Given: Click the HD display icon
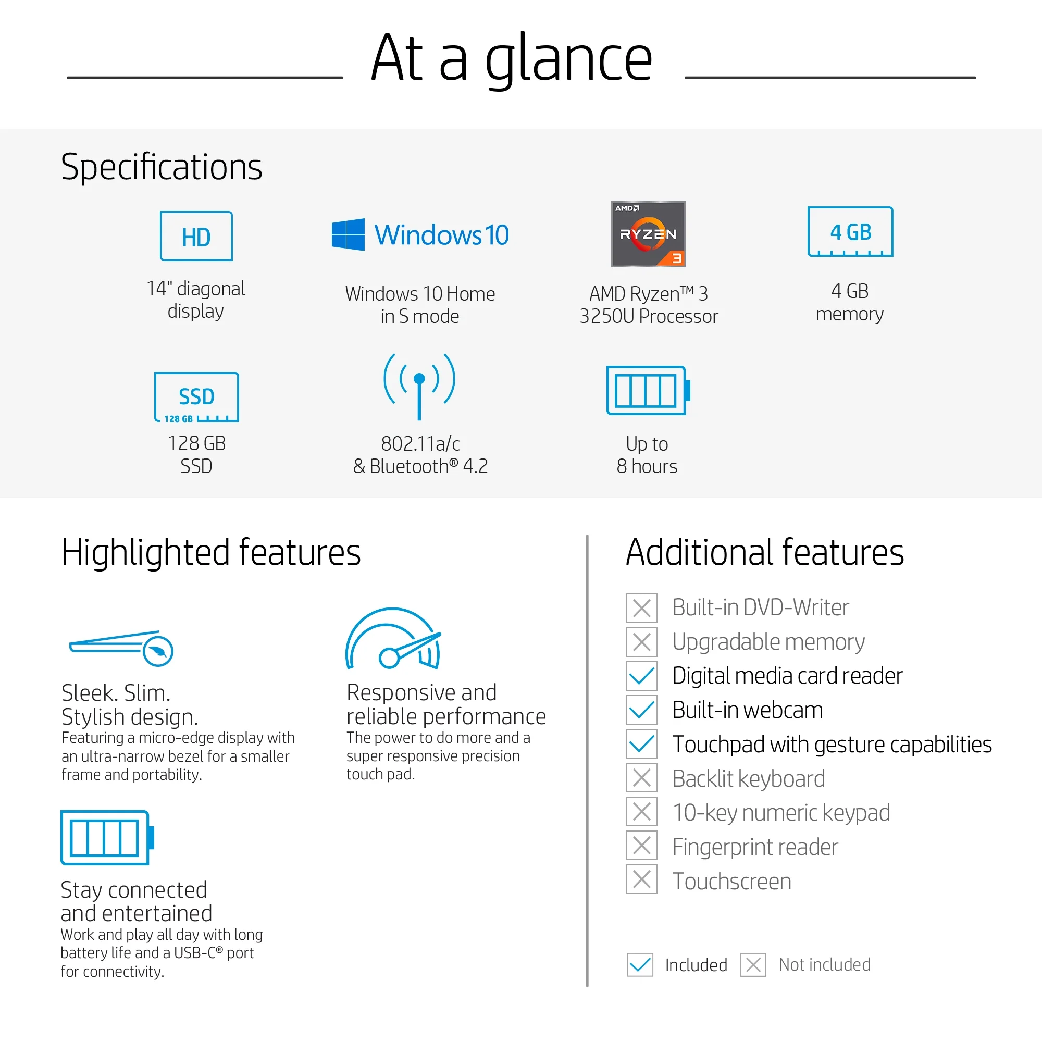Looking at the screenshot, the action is pos(196,235).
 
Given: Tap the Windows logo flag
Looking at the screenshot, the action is pos(348,234).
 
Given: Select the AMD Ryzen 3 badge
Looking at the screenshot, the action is pos(648,233).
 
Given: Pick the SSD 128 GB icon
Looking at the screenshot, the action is pos(196,397).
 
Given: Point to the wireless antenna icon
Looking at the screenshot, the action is pos(419,386).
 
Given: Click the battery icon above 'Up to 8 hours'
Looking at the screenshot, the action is pos(648,390).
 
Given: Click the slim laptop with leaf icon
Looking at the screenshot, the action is pos(121,648).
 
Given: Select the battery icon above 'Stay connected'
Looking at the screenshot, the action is pos(107,837).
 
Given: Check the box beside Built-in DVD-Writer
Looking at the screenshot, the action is pos(641,608).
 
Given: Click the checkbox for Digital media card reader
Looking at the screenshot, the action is pos(641,676).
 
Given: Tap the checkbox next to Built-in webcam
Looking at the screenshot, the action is pos(641,710).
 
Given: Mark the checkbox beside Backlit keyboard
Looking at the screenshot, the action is pos(641,778).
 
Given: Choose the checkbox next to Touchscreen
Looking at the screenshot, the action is pos(641,879).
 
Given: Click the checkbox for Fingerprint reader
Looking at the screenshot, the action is pos(641,845).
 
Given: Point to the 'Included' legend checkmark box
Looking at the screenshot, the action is pos(640,965).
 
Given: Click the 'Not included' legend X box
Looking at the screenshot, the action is pos(753,965).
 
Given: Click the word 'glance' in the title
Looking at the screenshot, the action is pos(568,59).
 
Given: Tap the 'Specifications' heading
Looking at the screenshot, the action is pos(162,167).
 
